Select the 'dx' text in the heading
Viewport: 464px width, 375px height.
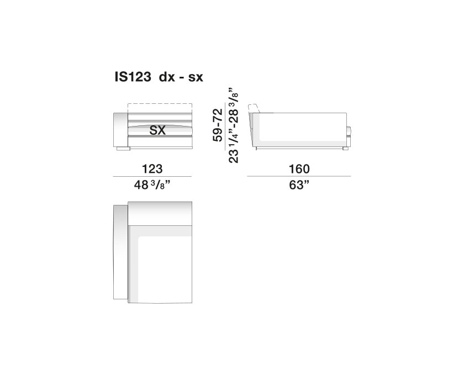coord(166,78)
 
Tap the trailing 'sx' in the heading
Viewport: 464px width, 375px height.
coord(196,78)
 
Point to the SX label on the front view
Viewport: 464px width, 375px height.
coord(159,131)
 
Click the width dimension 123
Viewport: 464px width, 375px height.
coord(152,169)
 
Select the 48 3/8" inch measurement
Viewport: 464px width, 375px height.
coord(152,186)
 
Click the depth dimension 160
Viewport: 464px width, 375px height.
coord(299,169)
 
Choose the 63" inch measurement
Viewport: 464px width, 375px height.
coord(299,186)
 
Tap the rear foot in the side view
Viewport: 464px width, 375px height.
coord(345,148)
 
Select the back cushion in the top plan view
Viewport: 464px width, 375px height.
coord(160,213)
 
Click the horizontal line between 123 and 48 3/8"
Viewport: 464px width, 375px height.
coord(152,176)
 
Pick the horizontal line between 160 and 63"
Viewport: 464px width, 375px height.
coord(299,176)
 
